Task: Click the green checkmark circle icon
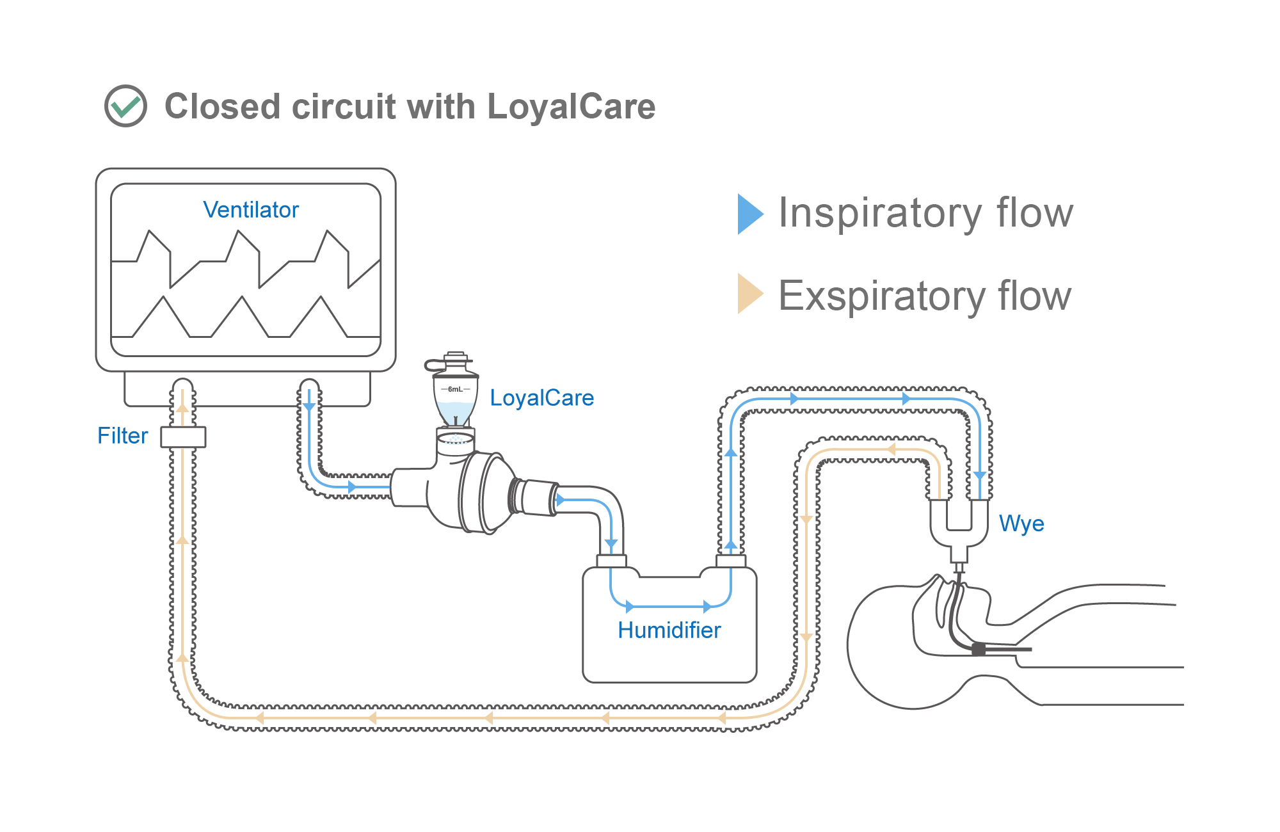point(125,106)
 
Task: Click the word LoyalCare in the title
point(571,106)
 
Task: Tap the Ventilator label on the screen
point(250,210)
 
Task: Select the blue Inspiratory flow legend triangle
point(749,214)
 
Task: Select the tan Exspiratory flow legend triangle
point(749,294)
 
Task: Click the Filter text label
point(122,436)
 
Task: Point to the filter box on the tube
point(183,437)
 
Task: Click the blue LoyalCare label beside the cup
point(541,398)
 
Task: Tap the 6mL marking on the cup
point(455,389)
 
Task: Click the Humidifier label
point(669,630)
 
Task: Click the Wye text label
point(1021,524)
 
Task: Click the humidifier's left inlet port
point(611,561)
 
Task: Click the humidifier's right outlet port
point(731,561)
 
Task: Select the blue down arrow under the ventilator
point(309,407)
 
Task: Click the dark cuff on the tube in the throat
point(978,650)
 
